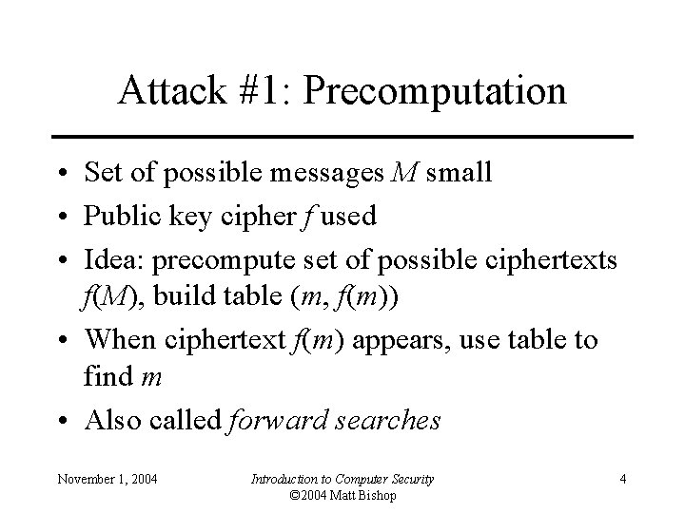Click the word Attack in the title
coord(165,91)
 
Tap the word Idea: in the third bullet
coord(114,257)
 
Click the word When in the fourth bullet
coord(119,338)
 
